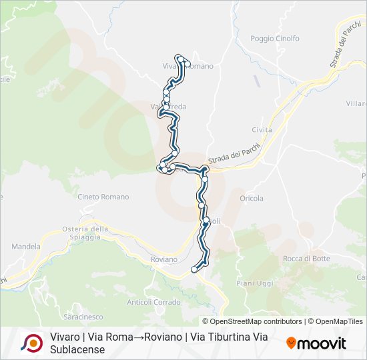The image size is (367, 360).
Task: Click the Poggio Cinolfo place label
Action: point(275,39)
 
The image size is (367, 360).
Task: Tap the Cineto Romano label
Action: point(103,197)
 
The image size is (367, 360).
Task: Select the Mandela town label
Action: point(26,246)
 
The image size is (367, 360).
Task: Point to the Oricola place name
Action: point(252,198)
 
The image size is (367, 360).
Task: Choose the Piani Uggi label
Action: point(255,283)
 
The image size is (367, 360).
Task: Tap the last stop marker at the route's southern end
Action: point(194,269)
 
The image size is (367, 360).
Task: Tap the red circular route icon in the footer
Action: point(31,343)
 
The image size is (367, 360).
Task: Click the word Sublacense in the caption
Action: point(77,349)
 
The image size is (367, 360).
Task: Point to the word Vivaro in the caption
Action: point(65,337)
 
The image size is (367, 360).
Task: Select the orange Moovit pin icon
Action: point(291,343)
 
